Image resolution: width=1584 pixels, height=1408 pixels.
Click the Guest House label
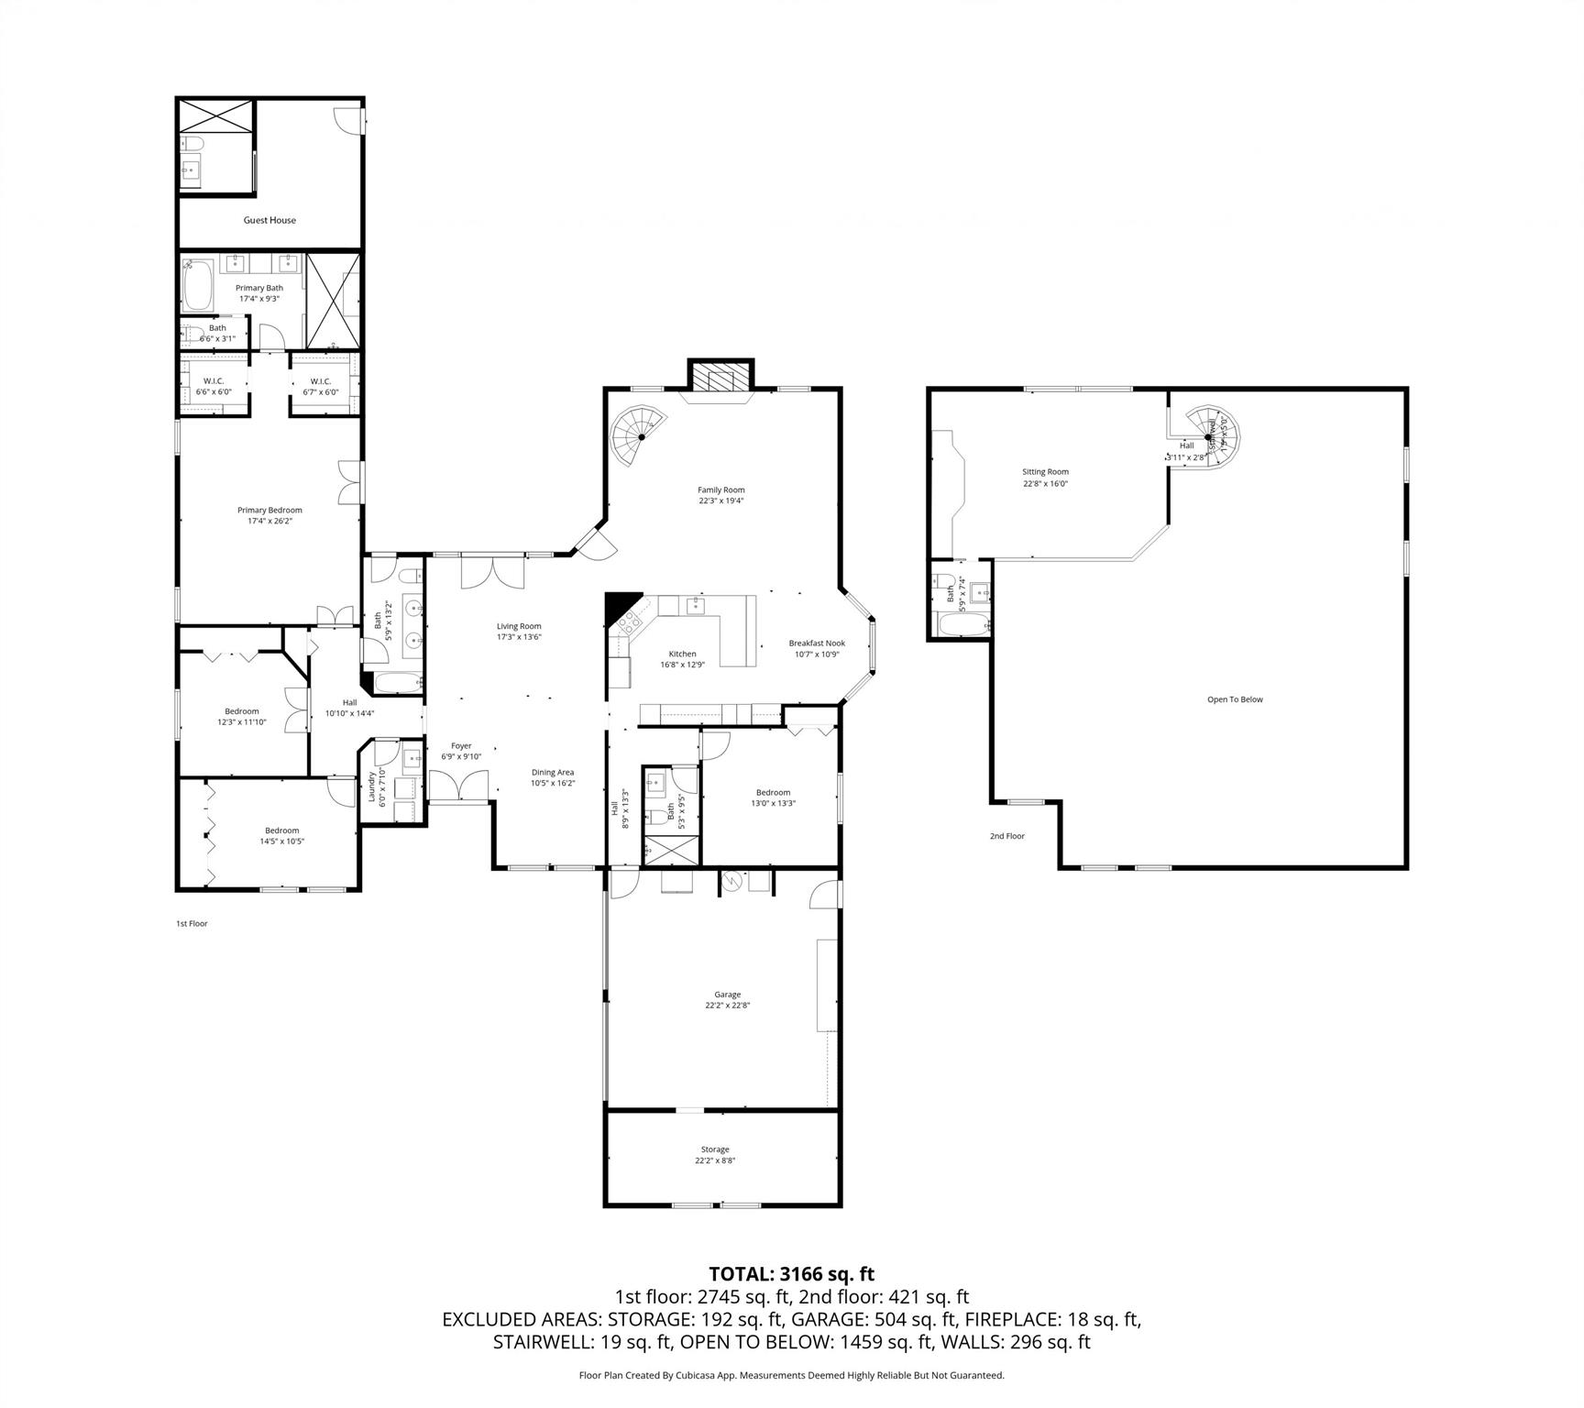(x=269, y=220)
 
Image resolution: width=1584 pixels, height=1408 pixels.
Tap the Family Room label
(x=720, y=489)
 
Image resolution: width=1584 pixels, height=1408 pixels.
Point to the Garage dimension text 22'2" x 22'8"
(x=728, y=1005)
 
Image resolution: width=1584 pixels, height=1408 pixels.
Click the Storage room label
(x=715, y=1149)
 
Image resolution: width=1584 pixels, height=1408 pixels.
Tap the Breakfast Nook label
(x=817, y=643)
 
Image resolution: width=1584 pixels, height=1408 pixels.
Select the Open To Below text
(x=1235, y=699)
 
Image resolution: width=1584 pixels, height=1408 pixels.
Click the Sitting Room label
(x=1045, y=472)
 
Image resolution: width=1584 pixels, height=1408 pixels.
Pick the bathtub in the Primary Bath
(x=197, y=285)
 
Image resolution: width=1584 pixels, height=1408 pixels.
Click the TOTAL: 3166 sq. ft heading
(x=791, y=1273)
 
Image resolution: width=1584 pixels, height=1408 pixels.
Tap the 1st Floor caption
(x=192, y=923)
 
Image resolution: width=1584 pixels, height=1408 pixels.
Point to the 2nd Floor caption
(x=1006, y=836)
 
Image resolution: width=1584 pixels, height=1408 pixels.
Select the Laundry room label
(x=372, y=786)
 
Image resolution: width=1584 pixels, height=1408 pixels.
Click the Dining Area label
(x=553, y=772)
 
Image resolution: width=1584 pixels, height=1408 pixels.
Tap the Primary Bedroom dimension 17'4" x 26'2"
(x=269, y=521)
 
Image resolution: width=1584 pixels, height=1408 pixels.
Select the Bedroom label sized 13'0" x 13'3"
(x=773, y=792)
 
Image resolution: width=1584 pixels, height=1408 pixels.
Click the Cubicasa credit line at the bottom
(x=791, y=1375)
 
